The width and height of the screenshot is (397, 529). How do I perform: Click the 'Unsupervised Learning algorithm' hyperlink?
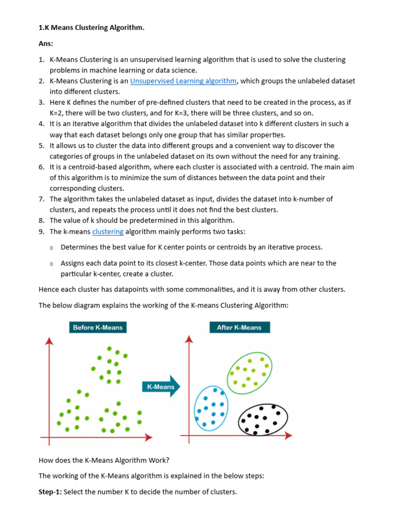pos(183,81)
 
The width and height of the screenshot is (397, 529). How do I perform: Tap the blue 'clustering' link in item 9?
pos(108,231)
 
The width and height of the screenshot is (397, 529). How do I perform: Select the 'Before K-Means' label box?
pos(98,328)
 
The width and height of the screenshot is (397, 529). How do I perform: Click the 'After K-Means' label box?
pos(239,328)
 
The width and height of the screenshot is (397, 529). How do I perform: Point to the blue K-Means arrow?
pos(161,387)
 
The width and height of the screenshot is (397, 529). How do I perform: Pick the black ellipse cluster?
pos(263,419)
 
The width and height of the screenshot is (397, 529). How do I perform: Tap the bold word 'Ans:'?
pos(47,44)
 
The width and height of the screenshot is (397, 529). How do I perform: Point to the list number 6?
pos(41,167)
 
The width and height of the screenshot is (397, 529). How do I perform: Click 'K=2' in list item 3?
pos(57,113)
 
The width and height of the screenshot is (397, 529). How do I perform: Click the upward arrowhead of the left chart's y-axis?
pos(49,341)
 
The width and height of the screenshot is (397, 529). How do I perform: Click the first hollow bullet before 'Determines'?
pos(52,248)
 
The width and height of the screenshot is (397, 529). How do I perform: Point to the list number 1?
pos(41,60)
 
